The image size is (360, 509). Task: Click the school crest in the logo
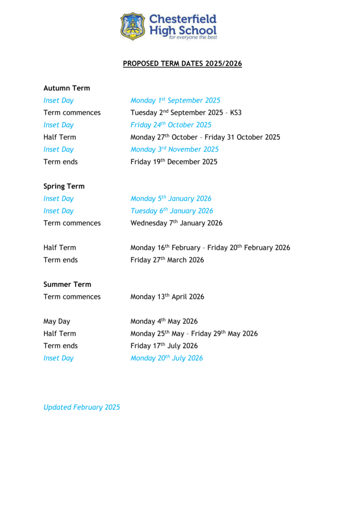pyautogui.click(x=132, y=26)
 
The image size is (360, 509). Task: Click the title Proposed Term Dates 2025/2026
pyautogui.click(x=182, y=64)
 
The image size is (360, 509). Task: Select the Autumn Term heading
pyautogui.click(x=67, y=88)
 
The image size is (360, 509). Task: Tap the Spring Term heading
pyautogui.click(x=64, y=186)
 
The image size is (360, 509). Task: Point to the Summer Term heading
pyautogui.click(x=67, y=284)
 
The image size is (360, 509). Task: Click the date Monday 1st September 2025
pyautogui.click(x=175, y=100)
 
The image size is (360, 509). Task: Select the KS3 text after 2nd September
pyautogui.click(x=236, y=113)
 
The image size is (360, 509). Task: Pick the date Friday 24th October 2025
pyautogui.click(x=171, y=125)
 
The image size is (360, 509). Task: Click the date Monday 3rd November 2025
pyautogui.click(x=174, y=149)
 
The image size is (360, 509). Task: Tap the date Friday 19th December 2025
pyautogui.click(x=174, y=162)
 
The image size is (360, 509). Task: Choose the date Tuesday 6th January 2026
pyautogui.click(x=172, y=211)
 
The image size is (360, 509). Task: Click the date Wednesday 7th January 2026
pyautogui.click(x=176, y=223)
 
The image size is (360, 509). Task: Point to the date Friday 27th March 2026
pyautogui.click(x=167, y=259)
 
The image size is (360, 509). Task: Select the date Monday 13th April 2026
pyautogui.click(x=167, y=297)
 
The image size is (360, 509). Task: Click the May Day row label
pyautogui.click(x=57, y=321)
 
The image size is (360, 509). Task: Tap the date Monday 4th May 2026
pyautogui.click(x=164, y=321)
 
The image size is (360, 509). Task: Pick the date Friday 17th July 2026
pyautogui.click(x=164, y=345)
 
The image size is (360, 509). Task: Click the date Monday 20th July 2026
pyautogui.click(x=167, y=358)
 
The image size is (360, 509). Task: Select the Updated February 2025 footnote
pyautogui.click(x=82, y=407)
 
